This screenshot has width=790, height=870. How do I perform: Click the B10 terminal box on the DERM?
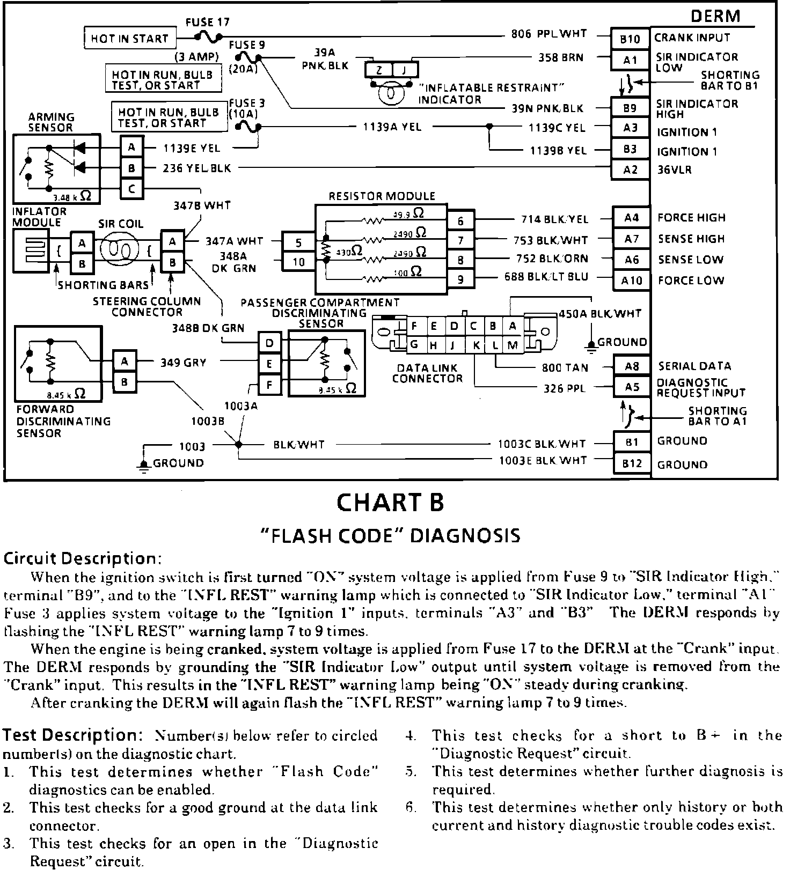click(630, 39)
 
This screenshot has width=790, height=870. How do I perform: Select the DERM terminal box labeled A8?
click(632, 366)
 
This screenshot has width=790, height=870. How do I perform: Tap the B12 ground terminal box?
click(632, 463)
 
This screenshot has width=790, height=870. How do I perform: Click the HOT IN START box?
click(130, 39)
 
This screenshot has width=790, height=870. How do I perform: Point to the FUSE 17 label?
click(207, 23)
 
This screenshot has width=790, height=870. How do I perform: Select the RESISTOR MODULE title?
click(382, 196)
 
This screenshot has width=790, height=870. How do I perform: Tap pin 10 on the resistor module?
click(298, 262)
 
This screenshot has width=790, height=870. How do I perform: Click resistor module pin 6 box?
click(460, 221)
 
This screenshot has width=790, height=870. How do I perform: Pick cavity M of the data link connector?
click(513, 345)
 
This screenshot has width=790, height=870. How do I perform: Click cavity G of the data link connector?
click(414, 345)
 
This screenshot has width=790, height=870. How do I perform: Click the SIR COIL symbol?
click(121, 249)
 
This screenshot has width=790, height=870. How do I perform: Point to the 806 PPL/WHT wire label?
click(548, 34)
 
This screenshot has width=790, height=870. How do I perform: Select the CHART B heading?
click(390, 503)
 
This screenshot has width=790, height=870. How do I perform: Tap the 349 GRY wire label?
click(183, 363)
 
